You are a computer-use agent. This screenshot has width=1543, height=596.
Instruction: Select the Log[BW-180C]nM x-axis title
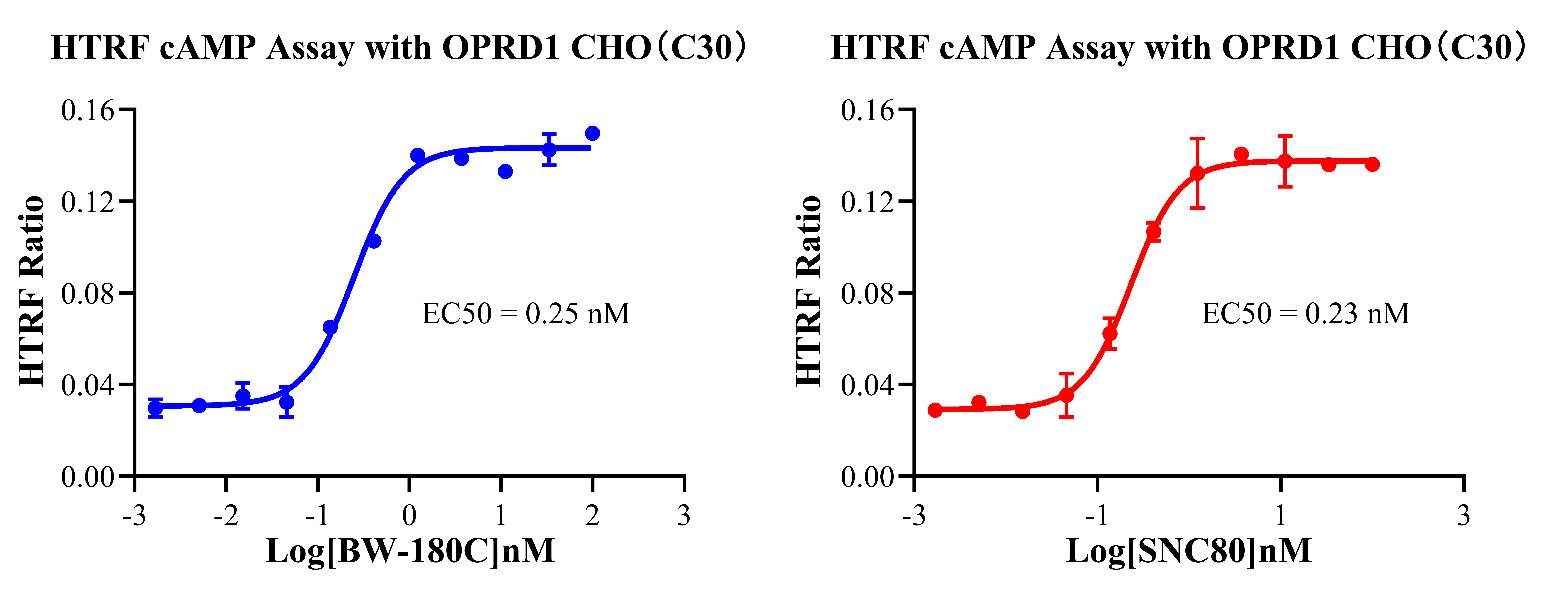pyautogui.click(x=410, y=551)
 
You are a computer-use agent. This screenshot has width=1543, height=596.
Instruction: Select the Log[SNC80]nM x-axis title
pyautogui.click(x=1189, y=551)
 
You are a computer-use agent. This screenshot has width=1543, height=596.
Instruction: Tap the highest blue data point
pyautogui.click(x=592, y=133)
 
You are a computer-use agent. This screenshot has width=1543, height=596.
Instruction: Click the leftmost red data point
pyautogui.click(x=935, y=410)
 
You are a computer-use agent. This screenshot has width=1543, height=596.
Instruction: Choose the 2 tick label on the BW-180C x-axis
pyautogui.click(x=592, y=515)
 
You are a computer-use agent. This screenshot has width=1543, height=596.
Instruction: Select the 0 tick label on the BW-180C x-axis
pyautogui.click(x=409, y=515)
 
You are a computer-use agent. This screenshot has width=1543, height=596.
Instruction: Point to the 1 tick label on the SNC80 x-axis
pyautogui.click(x=1281, y=515)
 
